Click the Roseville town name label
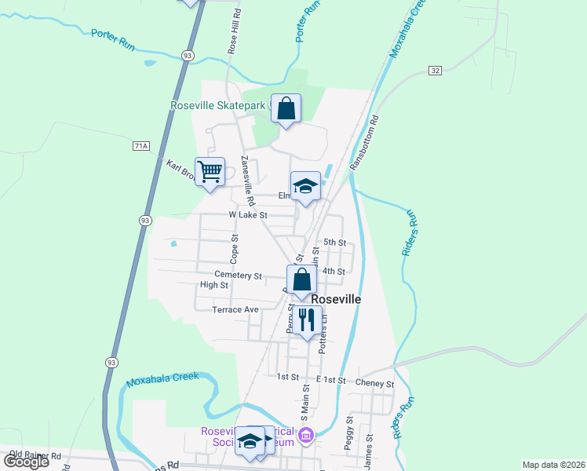(336, 300)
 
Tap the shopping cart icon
(210, 171)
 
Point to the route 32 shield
(435, 71)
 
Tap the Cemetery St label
(239, 276)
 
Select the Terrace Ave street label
(235, 309)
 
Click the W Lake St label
(248, 214)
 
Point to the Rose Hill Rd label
(233, 32)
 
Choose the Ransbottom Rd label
(366, 142)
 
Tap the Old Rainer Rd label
(35, 455)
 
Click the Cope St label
(234, 247)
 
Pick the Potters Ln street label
(322, 334)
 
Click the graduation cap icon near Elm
(305, 186)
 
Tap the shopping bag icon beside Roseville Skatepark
(286, 108)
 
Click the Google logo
(25, 462)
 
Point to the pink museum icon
(306, 434)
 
